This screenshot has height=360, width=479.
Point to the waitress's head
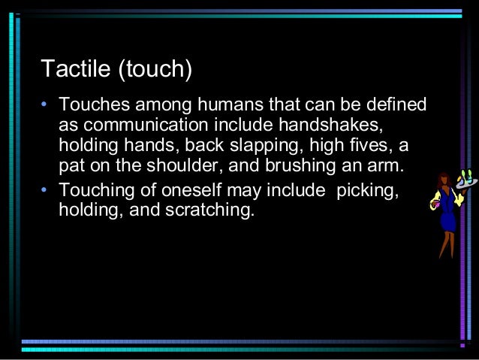click(444, 180)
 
